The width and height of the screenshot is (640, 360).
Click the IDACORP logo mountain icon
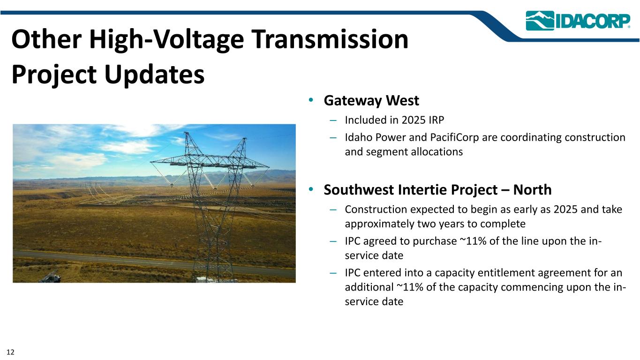pyautogui.click(x=540, y=21)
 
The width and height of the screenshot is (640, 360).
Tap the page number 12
pyautogui.click(x=10, y=352)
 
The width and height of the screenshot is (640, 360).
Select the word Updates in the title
pyautogui.click(x=154, y=74)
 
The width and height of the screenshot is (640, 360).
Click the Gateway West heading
pyautogui.click(x=371, y=101)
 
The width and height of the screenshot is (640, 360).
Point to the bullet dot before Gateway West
pyautogui.click(x=311, y=100)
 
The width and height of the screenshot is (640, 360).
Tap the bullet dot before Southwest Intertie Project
pyautogui.click(x=311, y=189)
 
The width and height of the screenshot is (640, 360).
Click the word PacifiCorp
pyautogui.click(x=454, y=137)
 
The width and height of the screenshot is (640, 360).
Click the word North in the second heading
pyautogui.click(x=532, y=190)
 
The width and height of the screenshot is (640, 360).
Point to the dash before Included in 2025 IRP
pyautogui.click(x=333, y=120)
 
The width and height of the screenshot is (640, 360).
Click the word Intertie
pyautogui.click(x=424, y=190)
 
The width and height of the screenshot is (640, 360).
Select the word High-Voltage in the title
pyautogui.click(x=166, y=40)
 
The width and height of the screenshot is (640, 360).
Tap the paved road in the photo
pyautogui.click(x=154, y=263)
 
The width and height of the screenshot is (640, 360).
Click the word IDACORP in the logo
pyautogui.click(x=593, y=21)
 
